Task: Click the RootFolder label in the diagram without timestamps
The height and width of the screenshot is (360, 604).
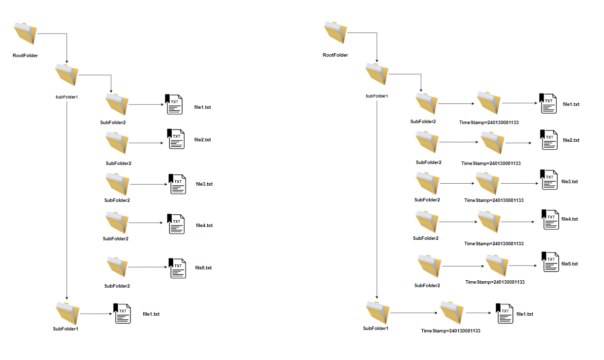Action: [x=25, y=56]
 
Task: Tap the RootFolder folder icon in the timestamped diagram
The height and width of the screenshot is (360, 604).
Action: [x=336, y=33]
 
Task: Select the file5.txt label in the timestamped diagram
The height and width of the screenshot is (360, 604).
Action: [x=570, y=264]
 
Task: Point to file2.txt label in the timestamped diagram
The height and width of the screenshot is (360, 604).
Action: [x=571, y=140]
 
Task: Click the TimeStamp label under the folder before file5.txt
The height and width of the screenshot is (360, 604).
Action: [x=495, y=282]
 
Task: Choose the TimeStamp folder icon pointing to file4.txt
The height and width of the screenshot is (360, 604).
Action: [x=490, y=221]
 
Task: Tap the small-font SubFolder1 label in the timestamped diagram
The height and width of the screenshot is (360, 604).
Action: [x=377, y=96]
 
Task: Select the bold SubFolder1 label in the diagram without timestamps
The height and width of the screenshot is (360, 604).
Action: [x=65, y=328]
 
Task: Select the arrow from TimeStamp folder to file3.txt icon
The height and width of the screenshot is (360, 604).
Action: [x=520, y=184]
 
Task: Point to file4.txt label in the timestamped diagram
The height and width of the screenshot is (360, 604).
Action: [x=570, y=219]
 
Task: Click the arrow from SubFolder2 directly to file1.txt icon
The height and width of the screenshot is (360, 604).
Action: [x=146, y=104]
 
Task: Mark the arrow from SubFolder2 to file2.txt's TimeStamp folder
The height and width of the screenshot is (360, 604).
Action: [x=458, y=142]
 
